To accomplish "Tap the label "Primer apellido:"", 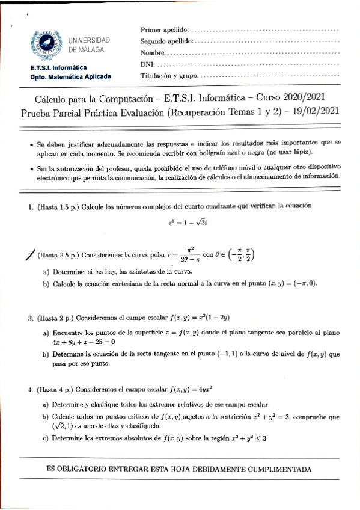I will click(165, 29).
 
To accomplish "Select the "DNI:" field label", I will click(147, 64).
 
